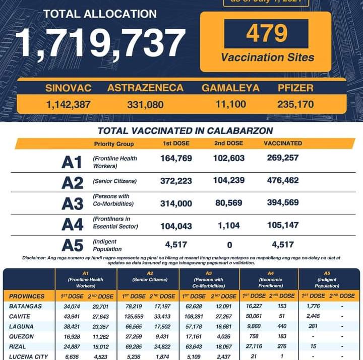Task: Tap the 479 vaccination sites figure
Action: pos(267,33)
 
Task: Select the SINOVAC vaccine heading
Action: pos(68,88)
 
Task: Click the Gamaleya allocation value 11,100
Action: pos(231,105)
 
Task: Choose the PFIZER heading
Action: pos(295,88)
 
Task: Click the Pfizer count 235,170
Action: pos(295,105)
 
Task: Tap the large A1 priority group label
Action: pos(72,162)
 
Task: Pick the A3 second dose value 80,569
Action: pos(229,202)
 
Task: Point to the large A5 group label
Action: pos(72,245)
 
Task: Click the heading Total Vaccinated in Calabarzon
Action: pos(185,131)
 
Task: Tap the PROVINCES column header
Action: pos(27,296)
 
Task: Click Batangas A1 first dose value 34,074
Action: pos(69,307)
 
